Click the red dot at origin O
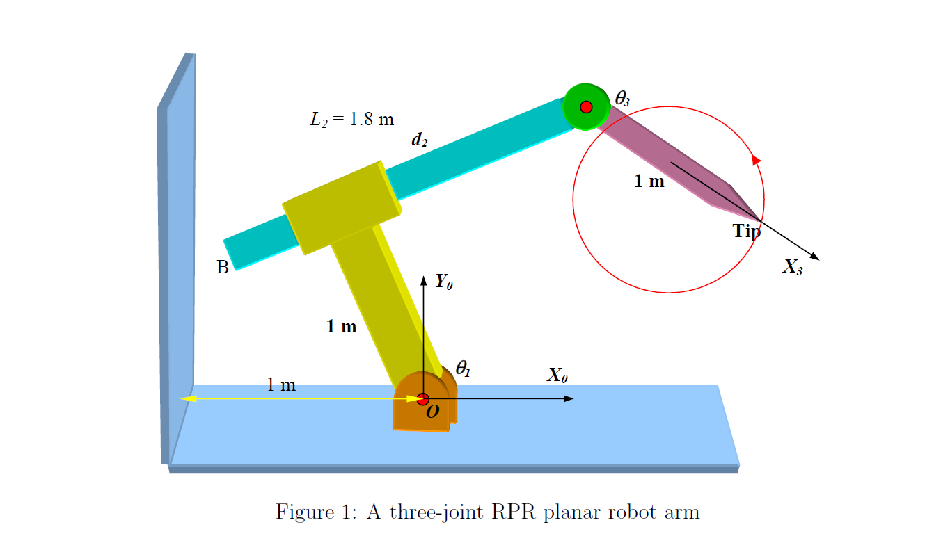(422, 398)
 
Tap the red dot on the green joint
(586, 106)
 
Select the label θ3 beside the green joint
(622, 99)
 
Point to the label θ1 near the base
(464, 369)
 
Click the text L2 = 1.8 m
(351, 120)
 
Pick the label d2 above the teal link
(419, 140)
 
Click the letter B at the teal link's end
(223, 268)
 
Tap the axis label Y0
(444, 282)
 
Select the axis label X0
(557, 376)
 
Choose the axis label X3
(793, 267)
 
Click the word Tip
(746, 232)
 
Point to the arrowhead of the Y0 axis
(423, 280)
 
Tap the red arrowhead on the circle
(757, 161)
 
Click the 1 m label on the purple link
(649, 182)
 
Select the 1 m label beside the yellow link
(341, 326)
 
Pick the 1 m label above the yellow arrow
(281, 385)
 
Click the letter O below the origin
(432, 412)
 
